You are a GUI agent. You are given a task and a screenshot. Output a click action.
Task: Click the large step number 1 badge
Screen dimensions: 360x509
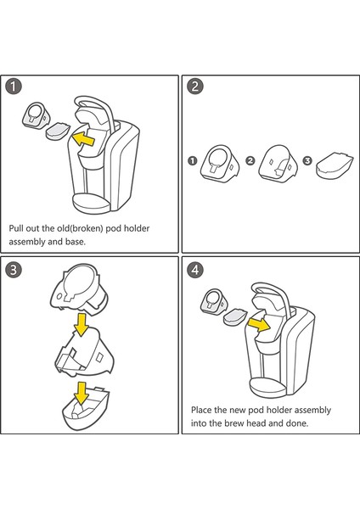tap(14, 87)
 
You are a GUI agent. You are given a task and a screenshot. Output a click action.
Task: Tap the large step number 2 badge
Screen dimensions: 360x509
tap(195, 87)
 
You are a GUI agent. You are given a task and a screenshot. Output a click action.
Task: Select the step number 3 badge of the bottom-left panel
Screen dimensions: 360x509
tap(14, 270)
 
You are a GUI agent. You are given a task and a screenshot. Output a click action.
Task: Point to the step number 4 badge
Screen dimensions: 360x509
tap(195, 270)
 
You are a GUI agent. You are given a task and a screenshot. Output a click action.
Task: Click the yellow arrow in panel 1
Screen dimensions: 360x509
tap(83, 139)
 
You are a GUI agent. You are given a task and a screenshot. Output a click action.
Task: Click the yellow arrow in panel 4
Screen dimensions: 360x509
tap(259, 324)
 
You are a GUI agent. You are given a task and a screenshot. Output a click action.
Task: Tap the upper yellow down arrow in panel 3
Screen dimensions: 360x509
tap(82, 324)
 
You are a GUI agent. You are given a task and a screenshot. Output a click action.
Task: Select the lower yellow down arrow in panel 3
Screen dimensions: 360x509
tap(82, 393)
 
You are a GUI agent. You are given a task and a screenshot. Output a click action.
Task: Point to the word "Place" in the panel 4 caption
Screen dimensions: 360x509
tap(200, 410)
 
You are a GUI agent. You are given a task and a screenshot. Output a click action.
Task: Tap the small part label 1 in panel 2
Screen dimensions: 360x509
tap(193, 160)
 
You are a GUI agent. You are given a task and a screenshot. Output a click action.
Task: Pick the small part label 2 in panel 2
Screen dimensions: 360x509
tap(250, 160)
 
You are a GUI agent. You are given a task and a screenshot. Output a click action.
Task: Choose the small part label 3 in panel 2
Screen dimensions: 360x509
tap(307, 160)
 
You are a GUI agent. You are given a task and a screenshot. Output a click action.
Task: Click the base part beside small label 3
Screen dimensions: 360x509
tap(335, 165)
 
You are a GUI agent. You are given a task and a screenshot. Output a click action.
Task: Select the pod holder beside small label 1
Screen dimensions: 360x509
tap(220, 163)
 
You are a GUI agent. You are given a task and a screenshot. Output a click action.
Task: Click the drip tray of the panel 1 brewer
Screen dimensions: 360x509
tap(92, 203)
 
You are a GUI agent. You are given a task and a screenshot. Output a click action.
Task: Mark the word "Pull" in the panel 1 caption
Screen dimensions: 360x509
tap(16, 228)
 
